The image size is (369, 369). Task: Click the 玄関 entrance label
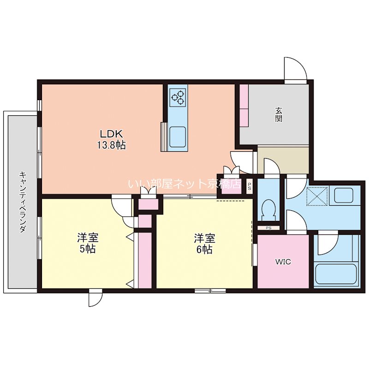pos(279,114)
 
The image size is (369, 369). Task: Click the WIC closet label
pos(283,262)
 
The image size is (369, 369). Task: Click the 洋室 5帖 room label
pos(87,244)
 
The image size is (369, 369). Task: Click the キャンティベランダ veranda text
pos(22,203)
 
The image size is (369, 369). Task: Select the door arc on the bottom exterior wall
pos(95,299)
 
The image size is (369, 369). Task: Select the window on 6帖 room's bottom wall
pos(210,291)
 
